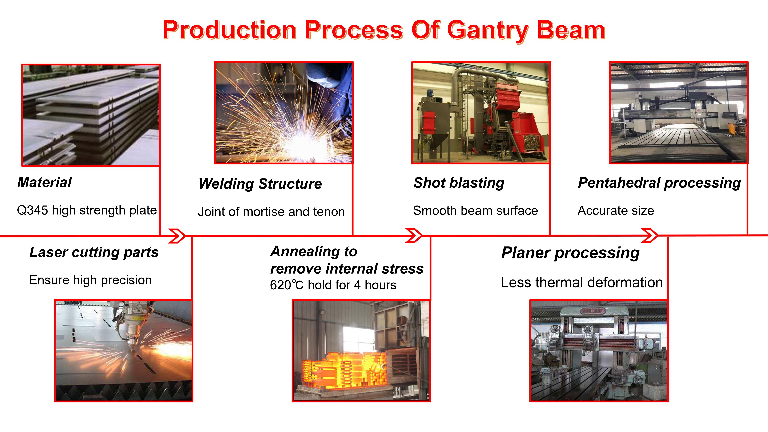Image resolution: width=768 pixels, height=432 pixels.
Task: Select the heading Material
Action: (x=44, y=182)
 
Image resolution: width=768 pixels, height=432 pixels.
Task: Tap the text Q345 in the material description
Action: (x=32, y=210)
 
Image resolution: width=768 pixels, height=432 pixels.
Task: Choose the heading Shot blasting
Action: (x=459, y=183)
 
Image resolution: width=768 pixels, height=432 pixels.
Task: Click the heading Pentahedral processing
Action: (x=659, y=183)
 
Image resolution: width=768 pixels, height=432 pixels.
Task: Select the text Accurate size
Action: (x=616, y=210)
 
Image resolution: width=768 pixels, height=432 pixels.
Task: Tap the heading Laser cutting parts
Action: (x=94, y=252)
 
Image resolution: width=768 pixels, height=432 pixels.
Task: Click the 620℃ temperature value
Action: (x=287, y=285)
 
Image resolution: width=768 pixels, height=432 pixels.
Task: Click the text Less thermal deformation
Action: (x=582, y=282)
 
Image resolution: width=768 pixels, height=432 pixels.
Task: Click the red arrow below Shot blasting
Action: (x=414, y=236)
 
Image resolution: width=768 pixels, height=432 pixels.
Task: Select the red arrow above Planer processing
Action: (x=650, y=236)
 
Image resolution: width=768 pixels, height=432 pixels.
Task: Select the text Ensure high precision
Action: (x=90, y=280)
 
